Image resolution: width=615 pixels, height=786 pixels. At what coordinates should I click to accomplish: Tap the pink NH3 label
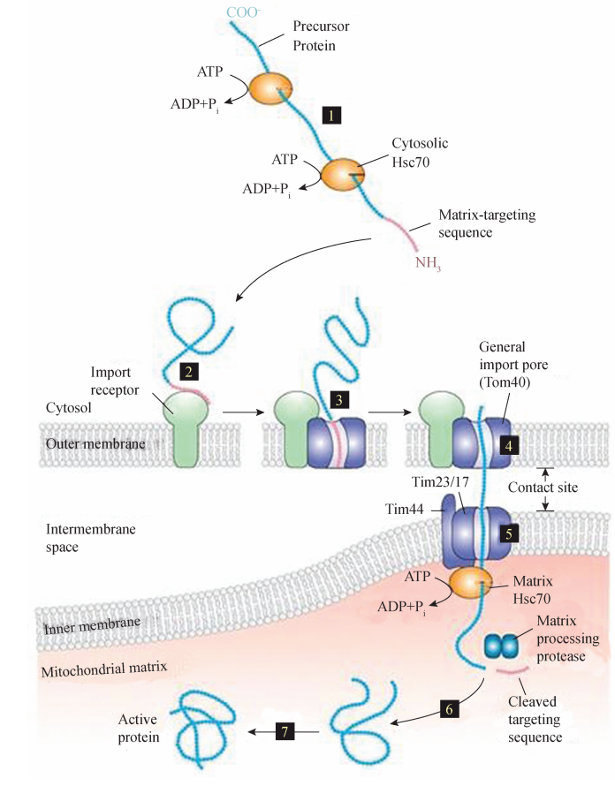tap(429, 263)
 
